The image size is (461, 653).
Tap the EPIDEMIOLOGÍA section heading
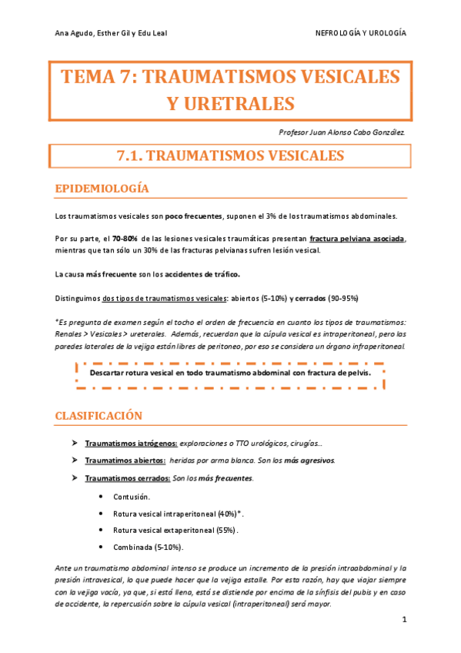(102, 189)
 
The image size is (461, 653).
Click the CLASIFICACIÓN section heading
(99, 416)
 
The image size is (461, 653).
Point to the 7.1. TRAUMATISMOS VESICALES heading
(230, 156)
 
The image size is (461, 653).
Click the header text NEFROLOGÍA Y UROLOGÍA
(361, 33)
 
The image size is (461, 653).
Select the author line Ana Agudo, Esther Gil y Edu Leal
(112, 33)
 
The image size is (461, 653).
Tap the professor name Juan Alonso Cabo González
(352, 132)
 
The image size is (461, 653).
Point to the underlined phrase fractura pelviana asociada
(356, 239)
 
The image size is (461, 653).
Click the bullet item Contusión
(132, 497)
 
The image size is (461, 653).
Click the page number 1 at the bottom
(403, 618)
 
